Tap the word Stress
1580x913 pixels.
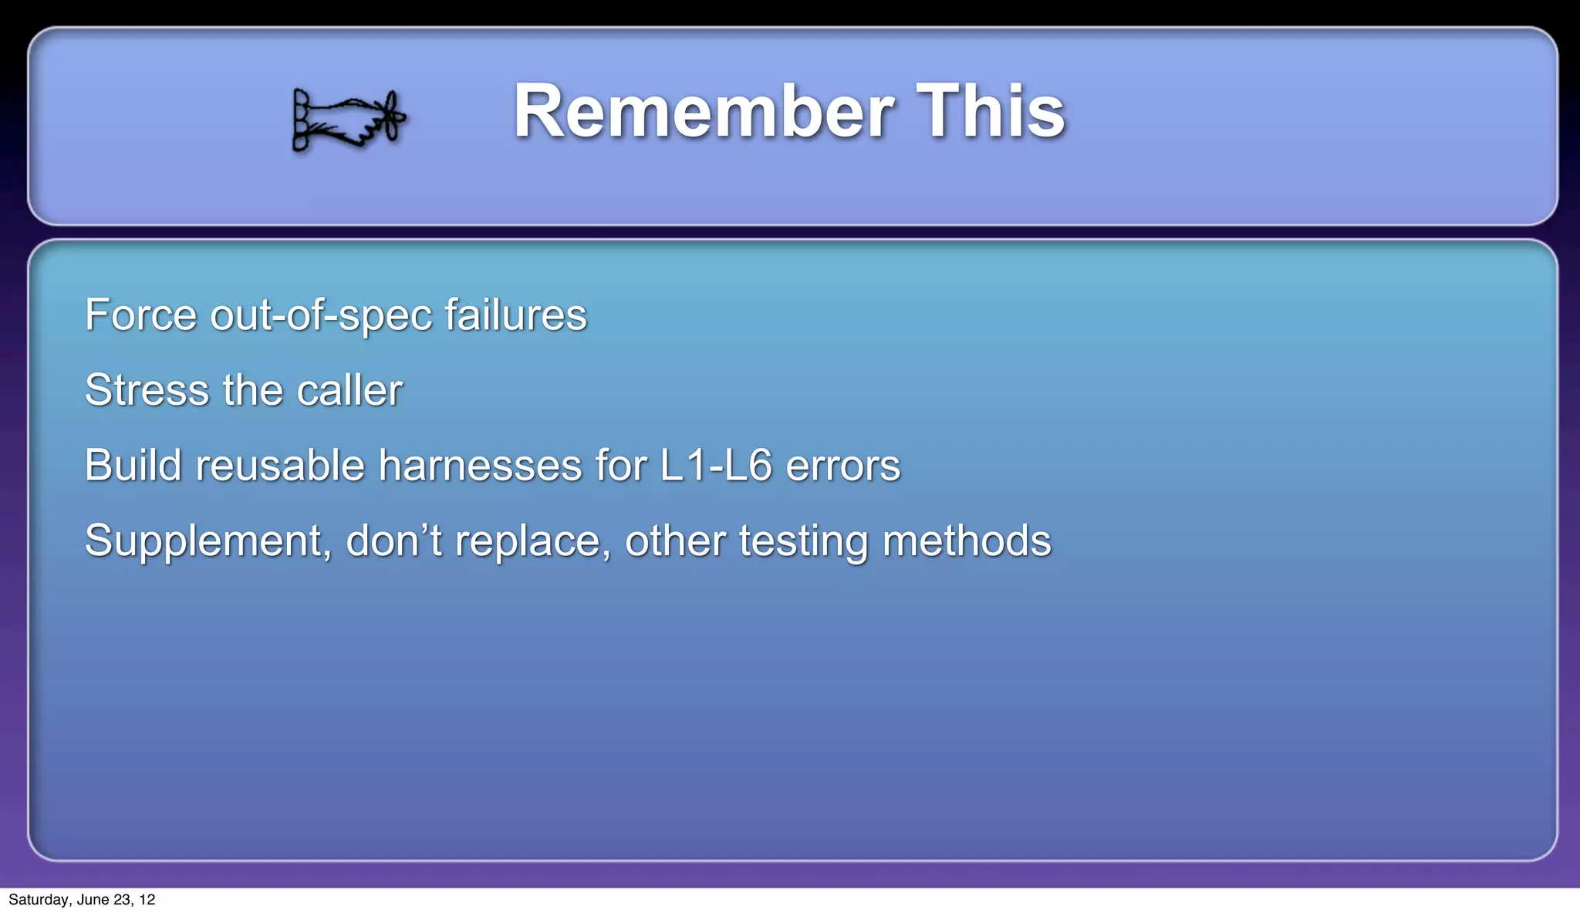point(147,389)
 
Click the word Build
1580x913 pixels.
point(133,465)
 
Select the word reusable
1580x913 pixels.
point(279,465)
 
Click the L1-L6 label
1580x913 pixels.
point(715,465)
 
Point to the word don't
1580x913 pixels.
point(393,540)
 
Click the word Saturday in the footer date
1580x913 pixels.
point(38,900)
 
